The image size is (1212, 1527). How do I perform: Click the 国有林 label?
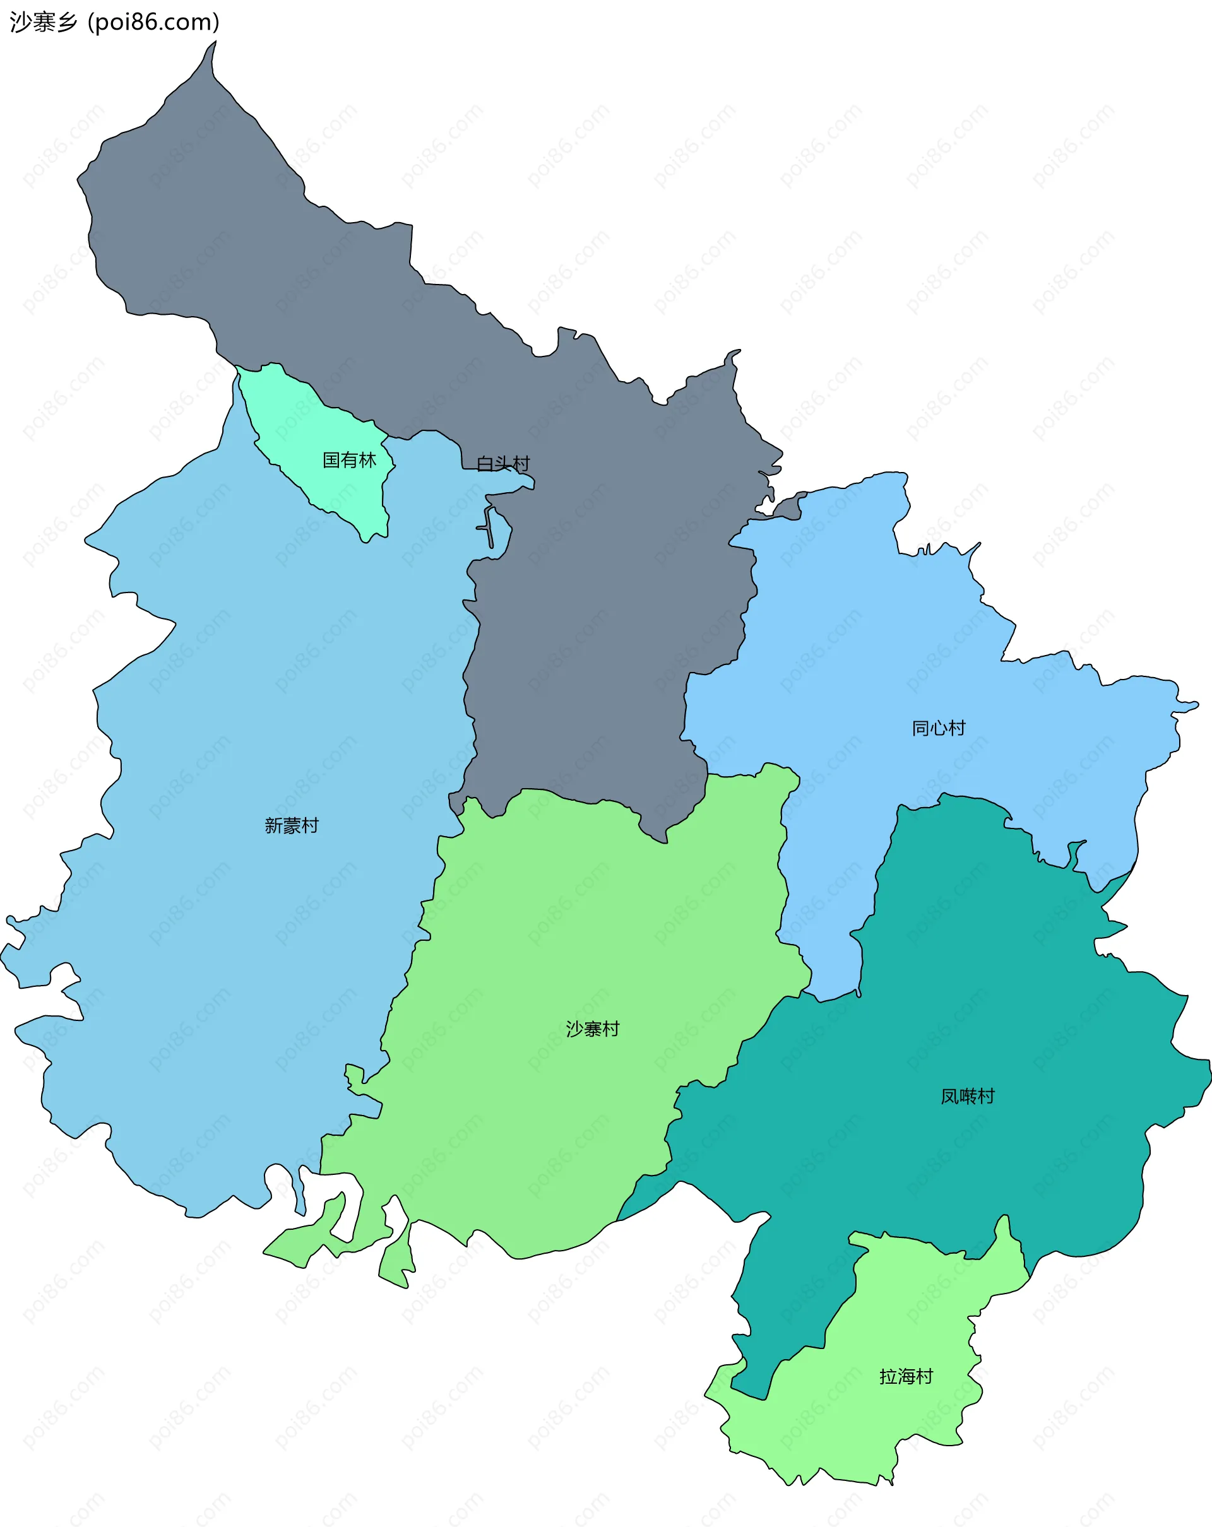click(349, 461)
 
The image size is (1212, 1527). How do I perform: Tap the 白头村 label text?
click(503, 464)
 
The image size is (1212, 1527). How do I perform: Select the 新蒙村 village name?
click(292, 825)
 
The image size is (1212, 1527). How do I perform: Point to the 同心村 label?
click(939, 728)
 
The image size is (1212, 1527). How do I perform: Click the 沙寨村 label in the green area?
click(593, 1029)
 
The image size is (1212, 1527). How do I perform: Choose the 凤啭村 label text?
click(968, 1097)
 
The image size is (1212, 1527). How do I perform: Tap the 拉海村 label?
click(906, 1376)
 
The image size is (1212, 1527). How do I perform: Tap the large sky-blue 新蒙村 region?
click(248, 708)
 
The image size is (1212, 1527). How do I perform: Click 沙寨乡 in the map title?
click(43, 23)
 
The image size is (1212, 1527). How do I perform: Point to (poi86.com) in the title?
click(154, 23)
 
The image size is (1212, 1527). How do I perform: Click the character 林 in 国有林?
click(367, 461)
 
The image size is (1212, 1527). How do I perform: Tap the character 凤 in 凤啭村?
click(949, 1097)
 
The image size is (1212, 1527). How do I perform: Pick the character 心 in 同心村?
click(939, 728)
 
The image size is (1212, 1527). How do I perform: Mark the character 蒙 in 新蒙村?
click(292, 825)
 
